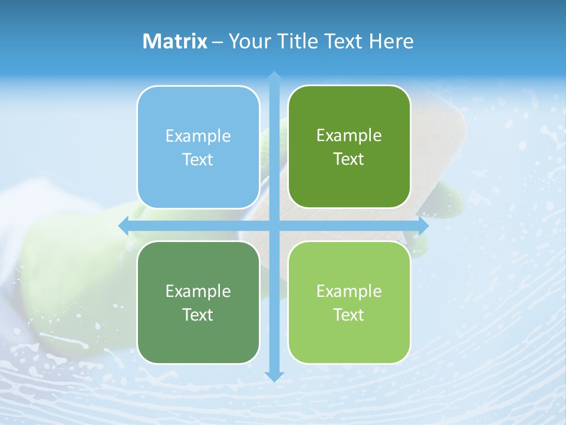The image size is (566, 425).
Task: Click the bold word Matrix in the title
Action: pos(175,41)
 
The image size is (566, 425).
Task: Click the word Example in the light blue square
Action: pos(198,136)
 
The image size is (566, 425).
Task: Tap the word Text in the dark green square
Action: pos(349,159)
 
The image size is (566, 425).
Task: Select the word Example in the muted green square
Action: pos(198,291)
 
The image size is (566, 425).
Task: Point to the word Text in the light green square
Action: pos(349,315)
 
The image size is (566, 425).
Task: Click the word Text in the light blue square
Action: pos(198,160)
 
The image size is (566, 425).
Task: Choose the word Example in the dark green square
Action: pos(349,136)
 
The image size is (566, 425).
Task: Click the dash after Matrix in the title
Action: pos(218,42)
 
